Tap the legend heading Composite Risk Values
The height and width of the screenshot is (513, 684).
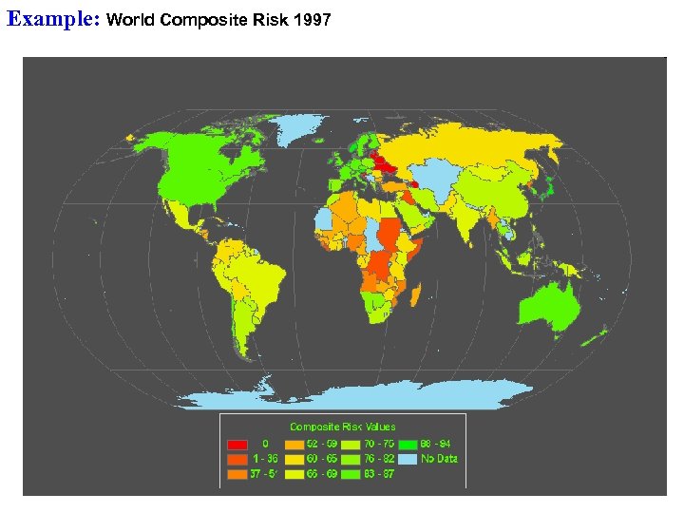point(342,427)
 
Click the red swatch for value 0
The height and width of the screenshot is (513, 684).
point(238,444)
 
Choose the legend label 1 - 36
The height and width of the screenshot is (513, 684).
point(264,459)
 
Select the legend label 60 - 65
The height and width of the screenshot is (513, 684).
point(321,459)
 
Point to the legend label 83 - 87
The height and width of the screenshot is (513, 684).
point(377,474)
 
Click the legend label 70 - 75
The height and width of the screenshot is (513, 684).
point(377,444)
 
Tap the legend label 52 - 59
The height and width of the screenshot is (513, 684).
point(321,444)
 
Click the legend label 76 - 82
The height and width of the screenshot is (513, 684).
point(377,459)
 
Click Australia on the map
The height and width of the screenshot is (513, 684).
point(550,305)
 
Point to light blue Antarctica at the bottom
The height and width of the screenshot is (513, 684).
point(380,392)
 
